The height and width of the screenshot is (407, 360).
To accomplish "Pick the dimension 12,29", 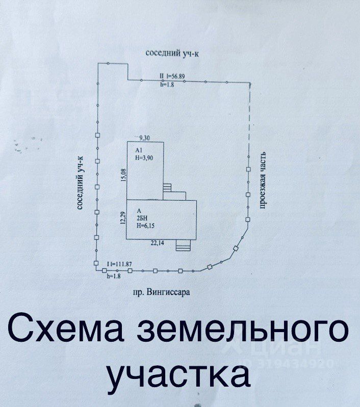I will coord(122,218).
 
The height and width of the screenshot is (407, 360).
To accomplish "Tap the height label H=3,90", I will coord(144,158).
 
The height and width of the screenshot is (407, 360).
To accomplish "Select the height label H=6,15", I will coord(146,227).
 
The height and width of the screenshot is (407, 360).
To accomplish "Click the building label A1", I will coord(139,151).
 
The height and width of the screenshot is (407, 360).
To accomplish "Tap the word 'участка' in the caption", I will coord(179,374).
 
